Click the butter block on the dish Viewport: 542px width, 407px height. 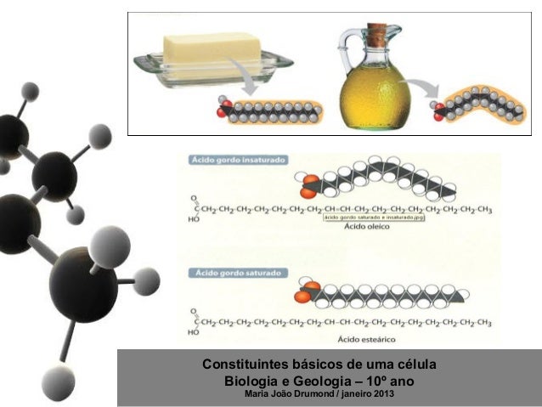[x=209, y=49]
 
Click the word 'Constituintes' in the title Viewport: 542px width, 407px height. [x=240, y=364]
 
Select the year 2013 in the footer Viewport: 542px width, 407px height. [x=383, y=393]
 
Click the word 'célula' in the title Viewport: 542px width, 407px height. [x=415, y=364]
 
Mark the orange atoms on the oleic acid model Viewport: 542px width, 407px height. [x=308, y=182]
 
